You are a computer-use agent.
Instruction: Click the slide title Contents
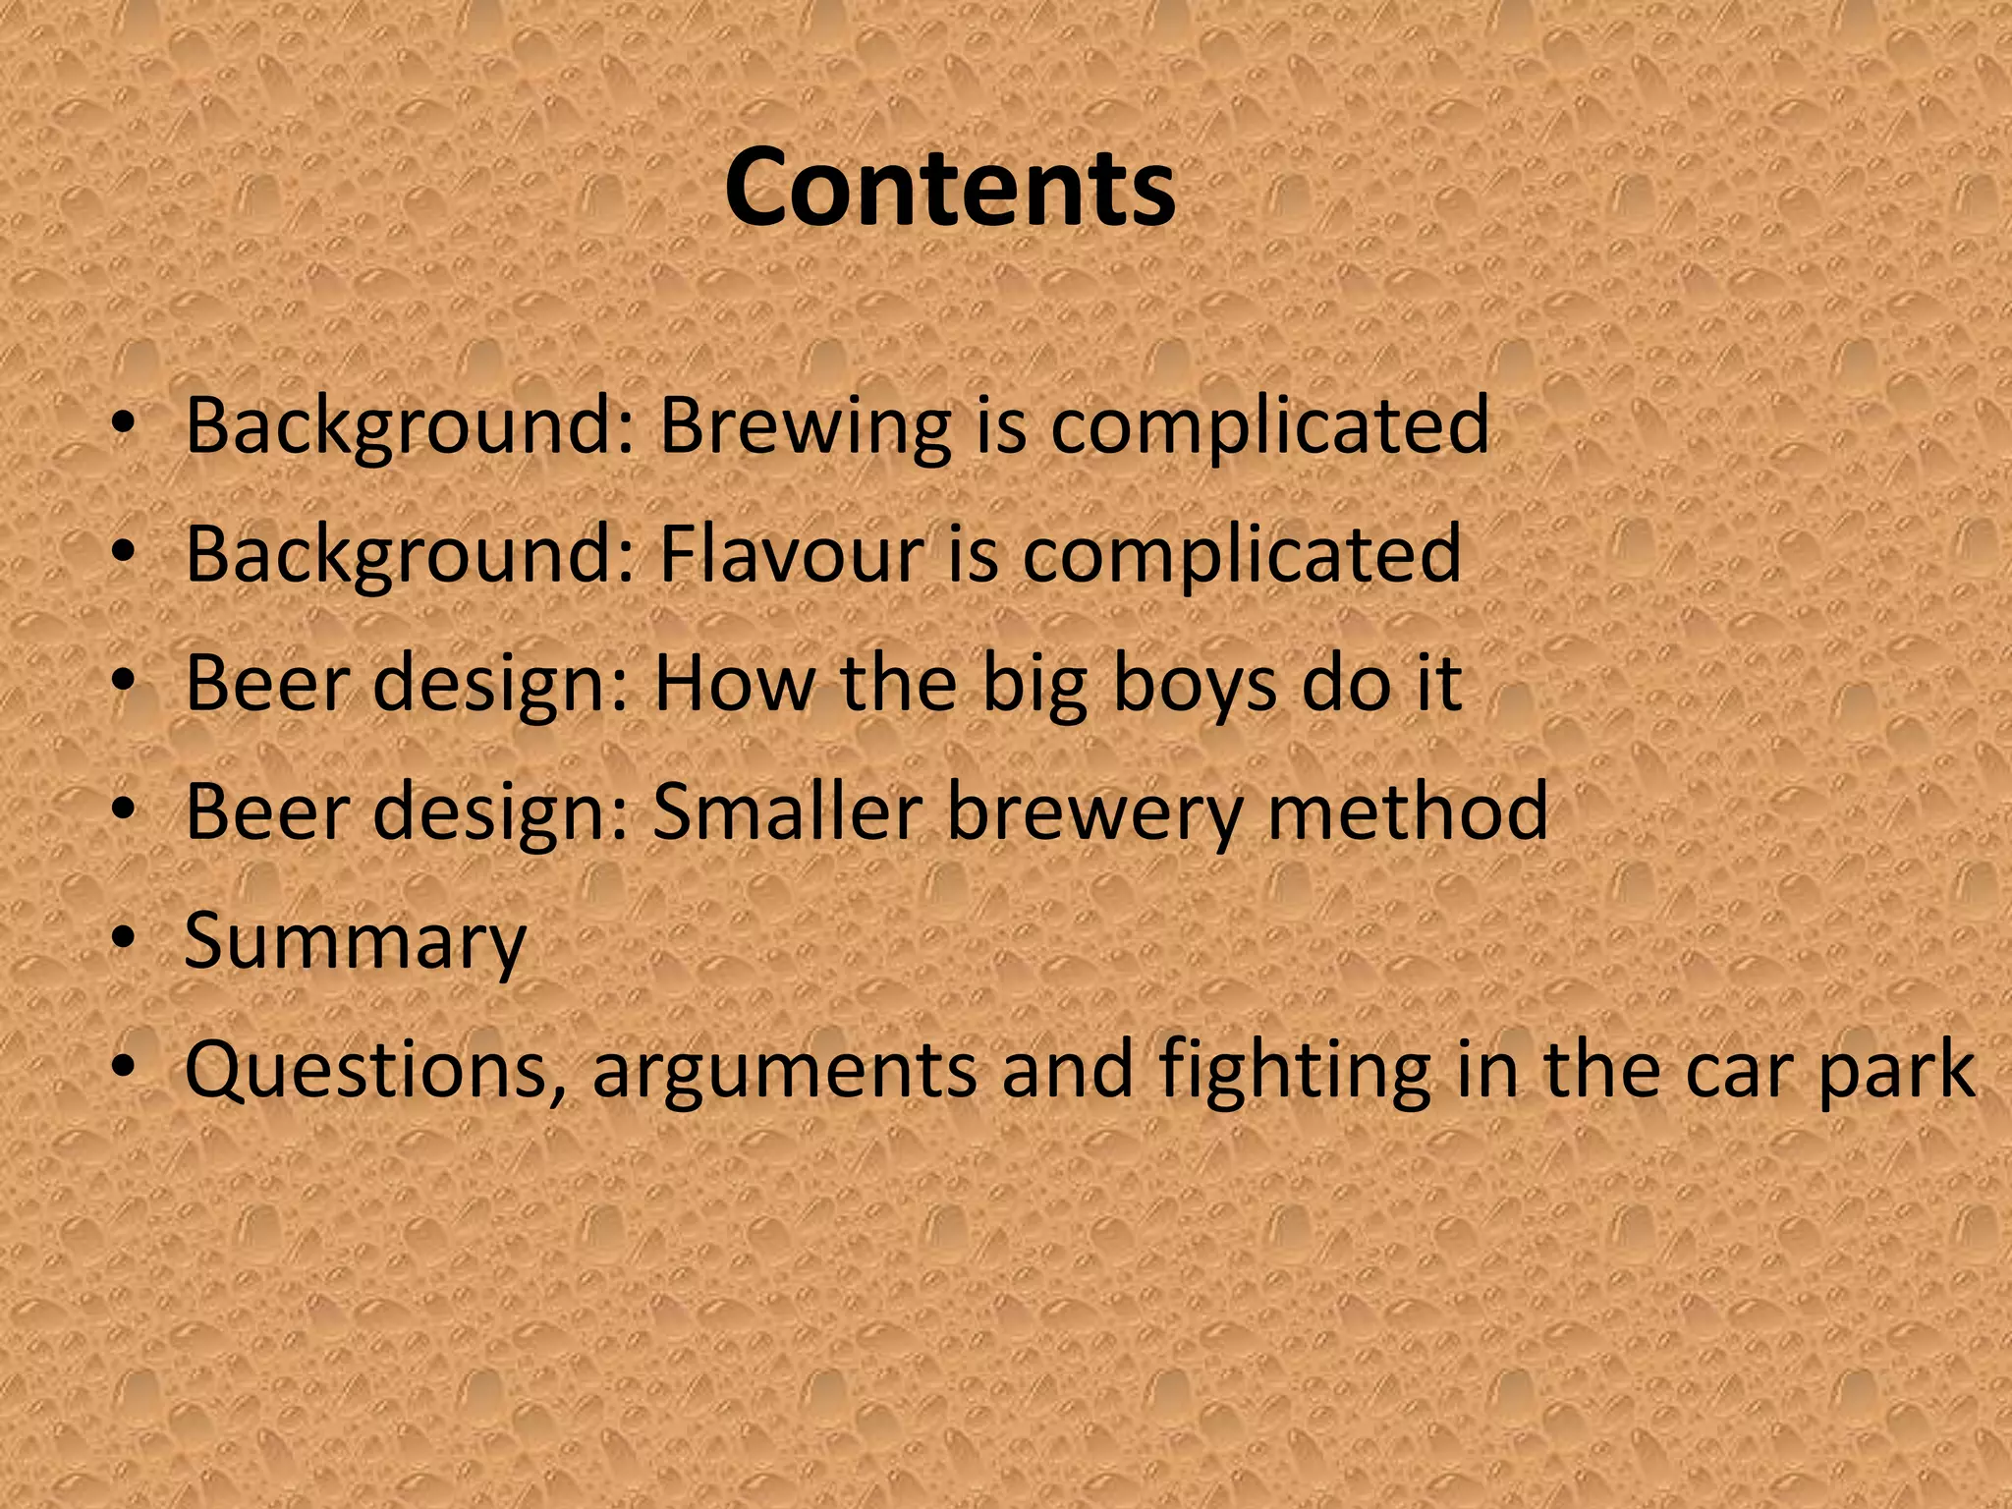[x=949, y=187]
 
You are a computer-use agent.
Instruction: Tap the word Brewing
[x=805, y=426]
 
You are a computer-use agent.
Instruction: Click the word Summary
[x=355, y=941]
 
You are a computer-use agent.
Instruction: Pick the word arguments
[x=784, y=1071]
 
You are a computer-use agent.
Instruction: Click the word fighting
[x=1294, y=1071]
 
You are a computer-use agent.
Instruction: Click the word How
[x=733, y=684]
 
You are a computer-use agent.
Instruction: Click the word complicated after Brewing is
[x=1269, y=426]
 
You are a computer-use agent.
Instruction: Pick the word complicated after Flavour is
[x=1242, y=554]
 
